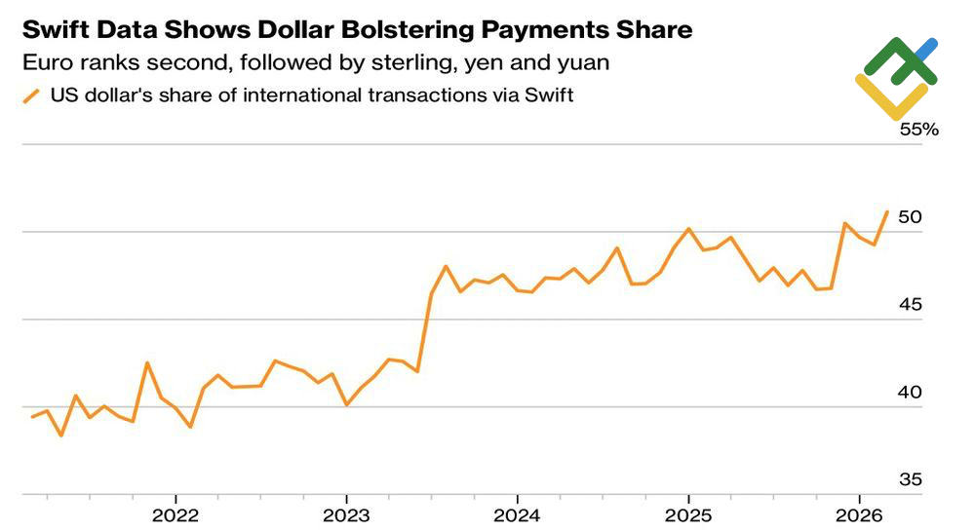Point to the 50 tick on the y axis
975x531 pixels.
click(x=910, y=217)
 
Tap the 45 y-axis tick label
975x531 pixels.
click(x=910, y=305)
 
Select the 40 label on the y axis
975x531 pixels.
click(x=910, y=393)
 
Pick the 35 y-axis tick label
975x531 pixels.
click(x=910, y=479)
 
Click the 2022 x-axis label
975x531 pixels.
click(x=175, y=513)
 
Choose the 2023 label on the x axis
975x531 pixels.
click(x=346, y=513)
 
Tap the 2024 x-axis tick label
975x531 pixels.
click(x=517, y=513)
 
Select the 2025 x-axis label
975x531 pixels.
click(x=687, y=513)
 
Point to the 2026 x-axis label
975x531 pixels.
click(x=859, y=513)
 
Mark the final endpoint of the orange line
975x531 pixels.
click(x=886, y=211)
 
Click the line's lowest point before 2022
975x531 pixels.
click(x=61, y=435)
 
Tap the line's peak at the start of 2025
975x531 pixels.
click(x=688, y=229)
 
